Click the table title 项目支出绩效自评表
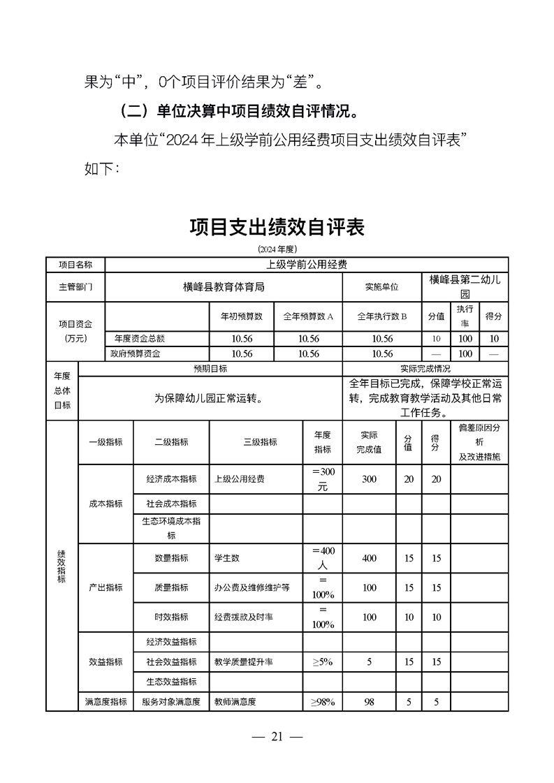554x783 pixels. [x=277, y=228]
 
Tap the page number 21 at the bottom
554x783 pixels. [x=277, y=736]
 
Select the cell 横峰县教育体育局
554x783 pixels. [x=224, y=287]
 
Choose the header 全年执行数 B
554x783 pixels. [x=382, y=316]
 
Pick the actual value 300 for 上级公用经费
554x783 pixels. [x=370, y=480]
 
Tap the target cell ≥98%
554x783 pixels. [x=323, y=702]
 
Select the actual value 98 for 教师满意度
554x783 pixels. [x=370, y=702]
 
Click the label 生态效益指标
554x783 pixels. [x=171, y=682]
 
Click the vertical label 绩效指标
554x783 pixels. [x=61, y=566]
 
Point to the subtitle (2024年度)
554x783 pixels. [x=277, y=249]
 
